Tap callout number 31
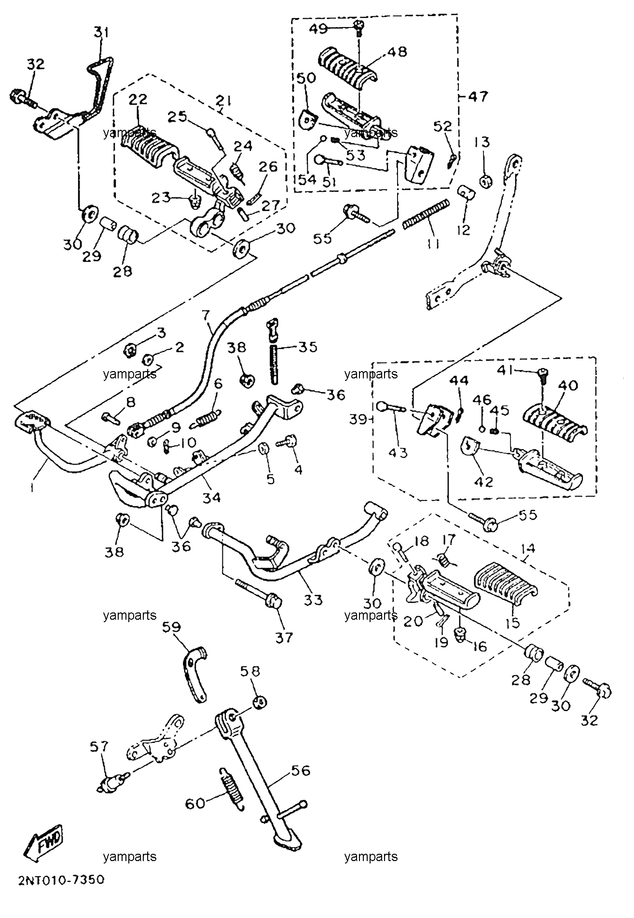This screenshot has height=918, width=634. pos(101,33)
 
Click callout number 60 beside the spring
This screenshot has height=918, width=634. pos(196,804)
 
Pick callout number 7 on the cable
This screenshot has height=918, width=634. pos(206,316)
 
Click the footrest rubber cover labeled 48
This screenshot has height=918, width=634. pos(347,67)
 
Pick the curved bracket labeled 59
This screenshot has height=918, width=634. pos(193,673)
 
